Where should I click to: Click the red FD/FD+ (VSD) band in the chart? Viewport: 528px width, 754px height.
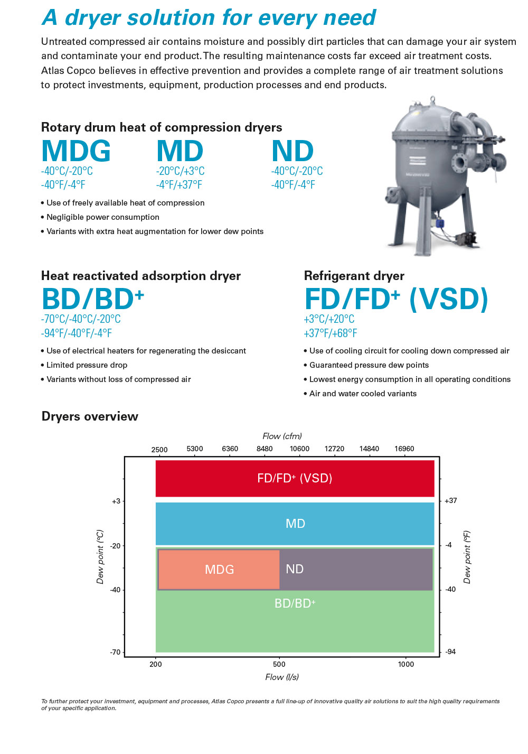pyautogui.click(x=295, y=478)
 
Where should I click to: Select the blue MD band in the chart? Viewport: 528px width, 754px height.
pyautogui.click(x=295, y=524)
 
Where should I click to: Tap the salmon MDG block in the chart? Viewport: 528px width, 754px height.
pyautogui.click(x=219, y=570)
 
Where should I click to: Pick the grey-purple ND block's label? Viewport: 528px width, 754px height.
pyautogui.click(x=295, y=569)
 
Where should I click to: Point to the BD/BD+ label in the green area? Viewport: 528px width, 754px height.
pyautogui.click(x=295, y=603)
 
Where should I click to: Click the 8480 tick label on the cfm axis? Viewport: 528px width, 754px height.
pyautogui.click(x=265, y=449)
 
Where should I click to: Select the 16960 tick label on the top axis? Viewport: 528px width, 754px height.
pyautogui.click(x=404, y=449)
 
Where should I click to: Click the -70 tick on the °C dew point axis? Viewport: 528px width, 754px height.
pyautogui.click(x=115, y=652)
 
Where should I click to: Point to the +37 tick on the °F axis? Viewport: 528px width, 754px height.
pyautogui.click(x=451, y=500)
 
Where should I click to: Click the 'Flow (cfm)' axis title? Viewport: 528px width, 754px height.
pyautogui.click(x=282, y=436)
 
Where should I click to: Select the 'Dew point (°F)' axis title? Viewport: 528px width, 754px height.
pyautogui.click(x=467, y=557)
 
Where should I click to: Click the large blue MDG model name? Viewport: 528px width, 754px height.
pyautogui.click(x=76, y=151)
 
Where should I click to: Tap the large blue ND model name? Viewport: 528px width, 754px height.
pyautogui.click(x=293, y=151)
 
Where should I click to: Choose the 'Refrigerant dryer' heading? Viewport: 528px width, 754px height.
pyautogui.click(x=354, y=276)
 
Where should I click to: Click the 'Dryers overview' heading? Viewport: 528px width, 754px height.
pyautogui.click(x=90, y=416)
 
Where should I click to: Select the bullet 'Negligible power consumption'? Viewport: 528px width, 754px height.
pyautogui.click(x=100, y=217)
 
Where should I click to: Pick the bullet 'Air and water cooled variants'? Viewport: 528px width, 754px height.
pyautogui.click(x=360, y=394)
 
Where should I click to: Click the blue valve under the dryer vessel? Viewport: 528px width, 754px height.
pyautogui.click(x=439, y=222)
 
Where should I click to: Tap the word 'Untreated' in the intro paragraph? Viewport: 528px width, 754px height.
pyautogui.click(x=63, y=41)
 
